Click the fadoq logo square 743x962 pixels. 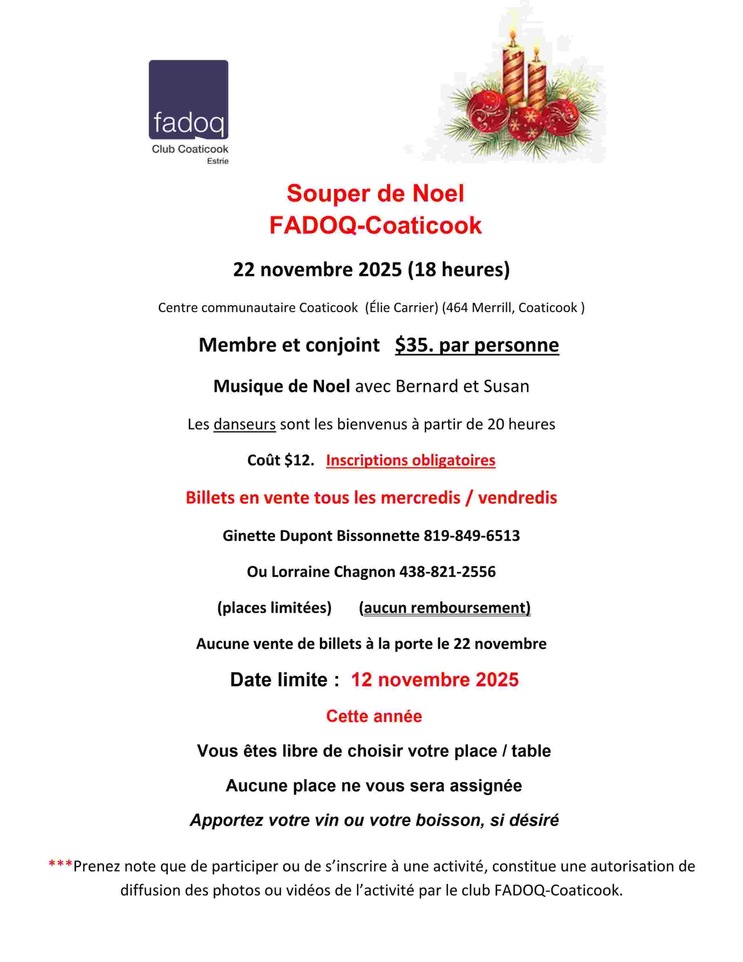(x=188, y=100)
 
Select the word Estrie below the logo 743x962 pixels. (x=217, y=161)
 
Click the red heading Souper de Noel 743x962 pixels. (x=375, y=194)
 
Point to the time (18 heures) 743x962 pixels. (x=459, y=269)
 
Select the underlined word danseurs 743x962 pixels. (x=245, y=424)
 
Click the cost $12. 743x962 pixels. (x=299, y=460)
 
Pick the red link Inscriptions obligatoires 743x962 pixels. (x=411, y=460)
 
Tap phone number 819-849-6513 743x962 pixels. (x=472, y=535)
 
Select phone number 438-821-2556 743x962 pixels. (x=447, y=572)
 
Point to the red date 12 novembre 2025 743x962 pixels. (x=435, y=680)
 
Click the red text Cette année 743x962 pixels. (x=374, y=716)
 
